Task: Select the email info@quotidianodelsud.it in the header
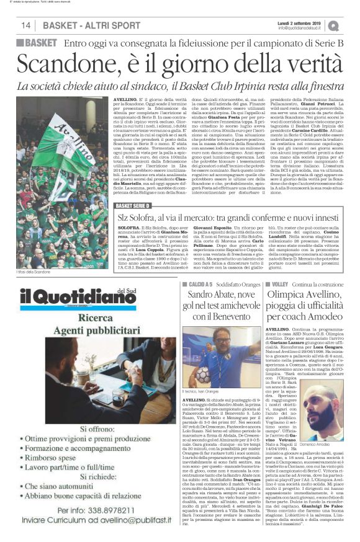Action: coord(302,27)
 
